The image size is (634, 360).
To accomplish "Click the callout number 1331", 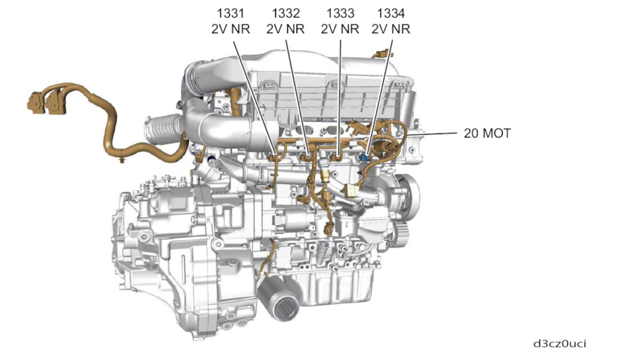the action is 230,13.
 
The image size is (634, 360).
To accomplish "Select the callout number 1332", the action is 285,13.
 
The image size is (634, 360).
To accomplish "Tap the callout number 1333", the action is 340,13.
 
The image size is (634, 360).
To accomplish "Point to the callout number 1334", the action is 390,13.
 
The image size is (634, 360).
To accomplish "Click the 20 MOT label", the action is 487,133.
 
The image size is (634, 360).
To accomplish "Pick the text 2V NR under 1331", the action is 230,29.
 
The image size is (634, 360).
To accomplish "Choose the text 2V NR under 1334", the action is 390,29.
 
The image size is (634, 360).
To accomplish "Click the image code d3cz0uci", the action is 559,343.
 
